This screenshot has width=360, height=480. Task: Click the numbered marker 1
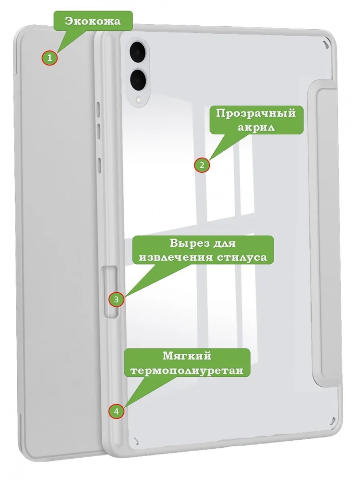49,58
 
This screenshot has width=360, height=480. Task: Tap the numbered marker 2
202,165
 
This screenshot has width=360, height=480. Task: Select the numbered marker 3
116,299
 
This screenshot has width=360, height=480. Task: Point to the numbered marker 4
116,411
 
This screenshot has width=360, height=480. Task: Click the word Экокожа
93,21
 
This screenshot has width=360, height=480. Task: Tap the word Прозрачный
256,113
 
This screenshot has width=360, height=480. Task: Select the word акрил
256,127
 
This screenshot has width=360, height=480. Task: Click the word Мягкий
187,356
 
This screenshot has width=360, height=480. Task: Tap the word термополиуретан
187,371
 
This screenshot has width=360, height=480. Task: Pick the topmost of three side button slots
98,109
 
